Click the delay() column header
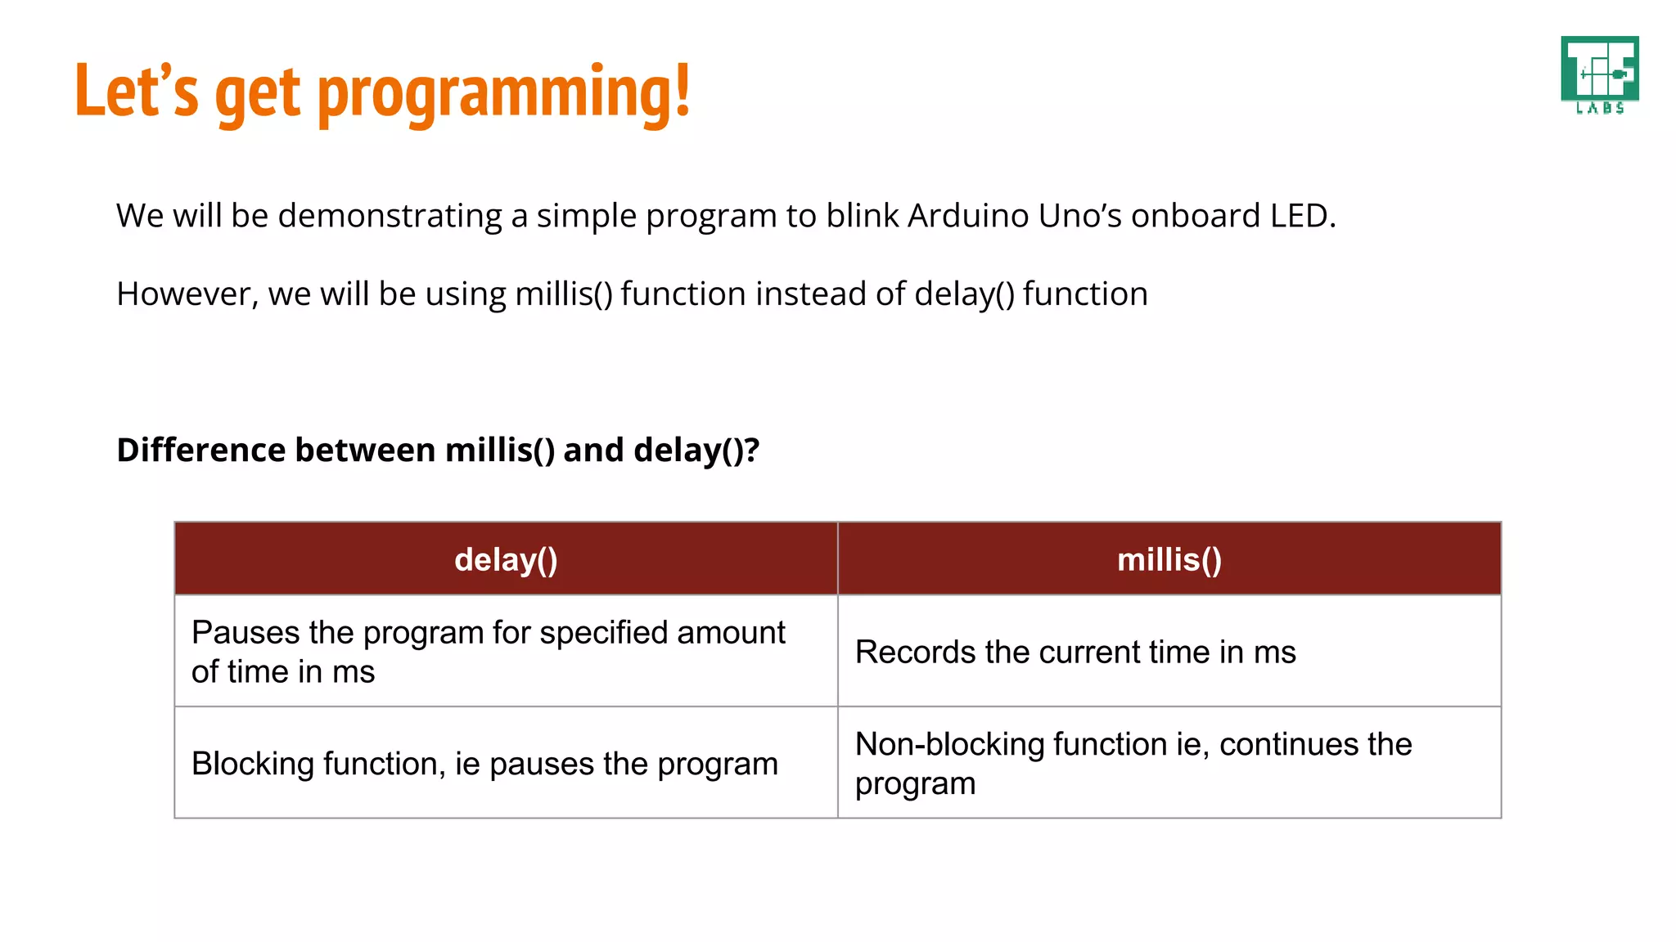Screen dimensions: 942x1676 tap(506, 560)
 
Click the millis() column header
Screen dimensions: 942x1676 tap(1169, 560)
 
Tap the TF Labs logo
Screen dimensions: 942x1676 tap(1599, 74)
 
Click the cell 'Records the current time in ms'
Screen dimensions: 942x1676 tap(1075, 653)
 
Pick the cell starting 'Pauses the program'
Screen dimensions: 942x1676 tap(488, 652)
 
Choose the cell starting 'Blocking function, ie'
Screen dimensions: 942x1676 tap(484, 764)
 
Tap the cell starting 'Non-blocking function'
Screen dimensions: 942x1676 tap(1133, 763)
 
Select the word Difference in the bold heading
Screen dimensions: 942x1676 tap(200, 451)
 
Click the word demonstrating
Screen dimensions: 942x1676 tap(390, 217)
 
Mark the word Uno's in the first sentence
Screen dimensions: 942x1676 tap(1079, 216)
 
